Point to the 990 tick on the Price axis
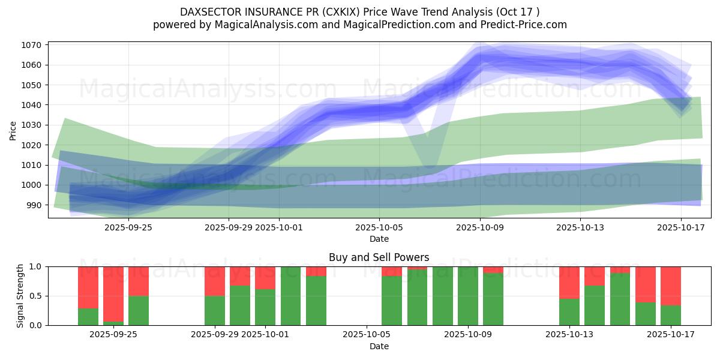(35, 205)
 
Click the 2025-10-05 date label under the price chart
(379, 227)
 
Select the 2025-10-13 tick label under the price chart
(580, 227)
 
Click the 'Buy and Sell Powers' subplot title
(379, 257)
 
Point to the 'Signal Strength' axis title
(21, 295)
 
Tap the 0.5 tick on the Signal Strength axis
(36, 296)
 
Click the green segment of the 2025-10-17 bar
(671, 315)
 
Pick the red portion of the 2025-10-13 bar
(569, 282)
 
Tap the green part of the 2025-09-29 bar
(215, 310)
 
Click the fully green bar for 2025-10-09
(468, 296)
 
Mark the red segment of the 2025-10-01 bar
(265, 278)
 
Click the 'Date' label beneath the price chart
(379, 239)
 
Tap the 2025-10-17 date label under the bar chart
(671, 334)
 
